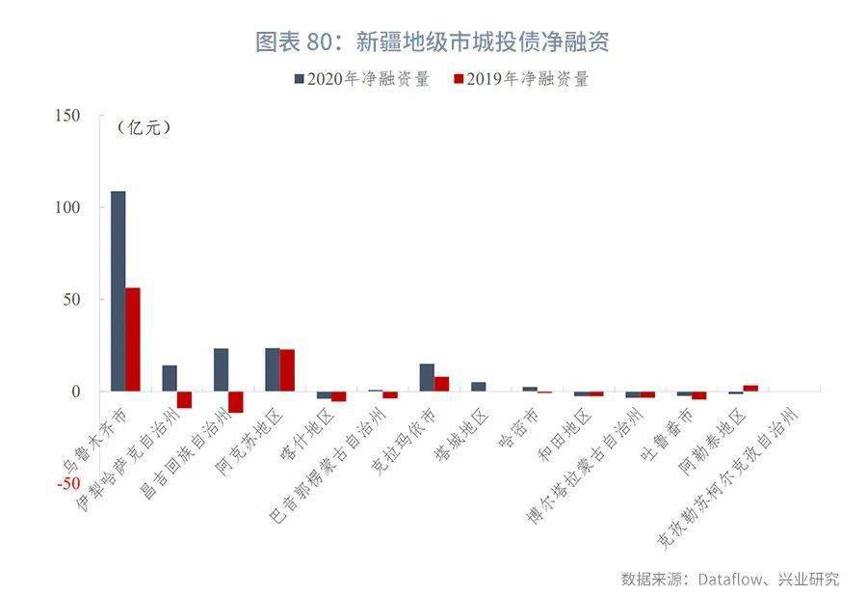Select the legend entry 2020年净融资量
[361, 79]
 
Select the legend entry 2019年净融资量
[519, 79]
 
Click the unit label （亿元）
[144, 127]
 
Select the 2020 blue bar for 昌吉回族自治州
[221, 369]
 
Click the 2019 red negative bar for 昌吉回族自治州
[236, 402]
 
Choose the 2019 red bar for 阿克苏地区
[287, 370]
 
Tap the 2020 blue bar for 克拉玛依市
[427, 377]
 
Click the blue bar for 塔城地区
[478, 387]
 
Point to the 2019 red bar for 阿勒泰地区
[750, 388]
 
